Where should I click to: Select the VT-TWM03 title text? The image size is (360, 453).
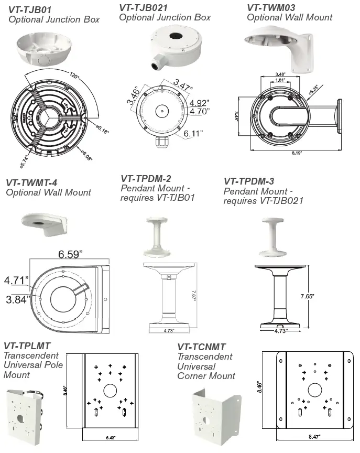271,7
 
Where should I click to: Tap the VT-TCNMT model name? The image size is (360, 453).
202,347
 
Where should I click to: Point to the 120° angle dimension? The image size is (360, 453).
74,77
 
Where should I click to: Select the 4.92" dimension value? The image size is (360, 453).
200,102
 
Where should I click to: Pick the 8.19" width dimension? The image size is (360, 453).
298,153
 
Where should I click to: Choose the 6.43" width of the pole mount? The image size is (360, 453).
111,436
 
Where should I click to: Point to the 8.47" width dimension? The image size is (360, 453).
313,436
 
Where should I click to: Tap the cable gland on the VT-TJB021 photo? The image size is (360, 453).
156,65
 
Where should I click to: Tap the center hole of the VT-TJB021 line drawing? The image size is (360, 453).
161,110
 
